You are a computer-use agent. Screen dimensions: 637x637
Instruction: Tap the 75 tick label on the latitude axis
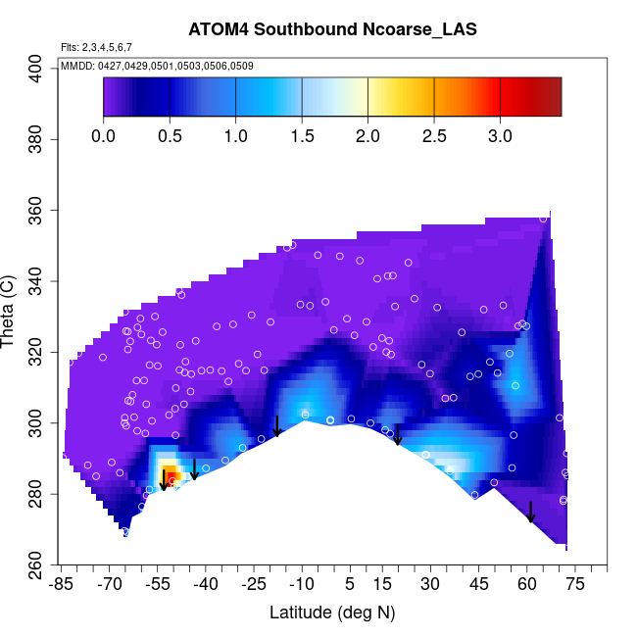[575, 585]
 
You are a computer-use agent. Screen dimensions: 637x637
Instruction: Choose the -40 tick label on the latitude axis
[206, 585]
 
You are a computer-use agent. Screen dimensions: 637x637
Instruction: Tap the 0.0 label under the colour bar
[103, 135]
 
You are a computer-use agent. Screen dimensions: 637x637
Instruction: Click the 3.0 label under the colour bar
[500, 135]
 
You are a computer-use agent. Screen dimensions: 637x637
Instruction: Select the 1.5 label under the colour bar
[301, 135]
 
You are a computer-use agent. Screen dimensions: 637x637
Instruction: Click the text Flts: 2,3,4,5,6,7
[96, 47]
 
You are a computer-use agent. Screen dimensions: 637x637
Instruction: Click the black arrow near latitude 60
[530, 512]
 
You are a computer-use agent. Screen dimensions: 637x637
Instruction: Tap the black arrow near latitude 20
[398, 434]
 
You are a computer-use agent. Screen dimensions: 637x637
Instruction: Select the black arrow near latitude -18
[277, 425]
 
